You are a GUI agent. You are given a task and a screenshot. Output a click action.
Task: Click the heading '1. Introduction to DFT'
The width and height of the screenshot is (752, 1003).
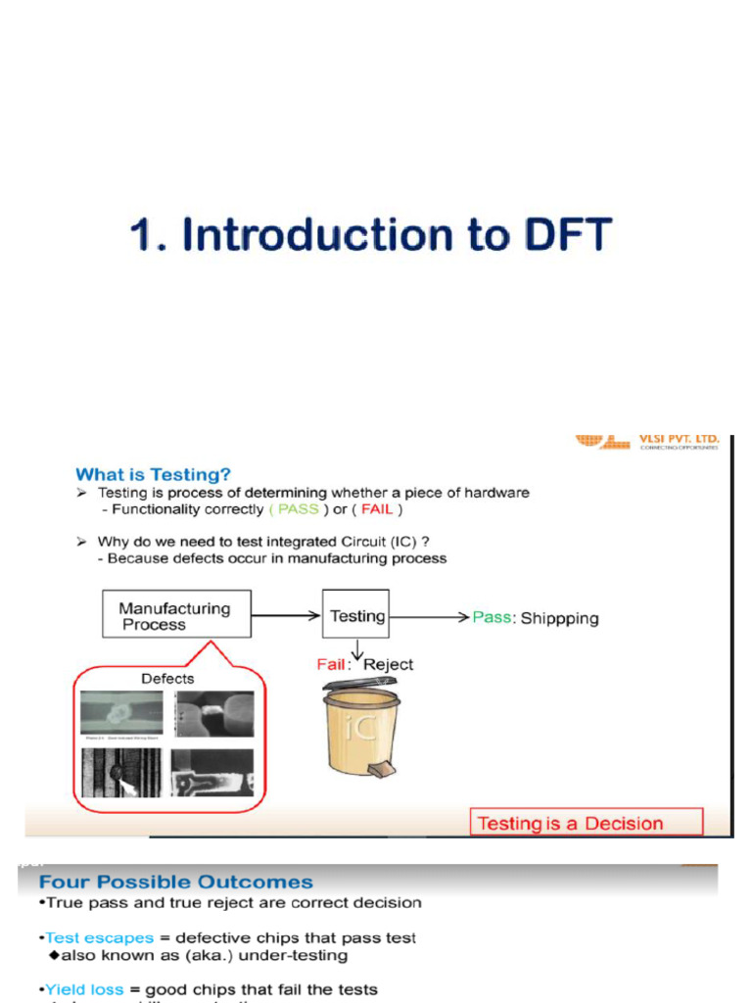[x=370, y=237]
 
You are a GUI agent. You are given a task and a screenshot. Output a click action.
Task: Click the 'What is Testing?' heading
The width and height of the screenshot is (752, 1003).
[x=154, y=474]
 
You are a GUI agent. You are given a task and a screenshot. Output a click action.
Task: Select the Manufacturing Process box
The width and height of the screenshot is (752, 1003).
[x=176, y=615]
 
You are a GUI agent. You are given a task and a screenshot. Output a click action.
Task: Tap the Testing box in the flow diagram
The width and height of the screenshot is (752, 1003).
[x=356, y=615]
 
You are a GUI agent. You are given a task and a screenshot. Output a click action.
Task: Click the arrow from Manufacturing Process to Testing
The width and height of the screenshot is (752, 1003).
[x=286, y=615]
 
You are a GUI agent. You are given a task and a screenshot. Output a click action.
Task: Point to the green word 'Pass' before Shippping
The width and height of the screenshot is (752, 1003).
[x=492, y=617]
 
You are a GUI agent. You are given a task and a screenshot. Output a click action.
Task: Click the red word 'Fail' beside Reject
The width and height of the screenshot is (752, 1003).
[x=331, y=664]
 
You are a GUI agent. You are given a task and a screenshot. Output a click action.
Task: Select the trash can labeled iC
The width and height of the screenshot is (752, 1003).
[x=361, y=730]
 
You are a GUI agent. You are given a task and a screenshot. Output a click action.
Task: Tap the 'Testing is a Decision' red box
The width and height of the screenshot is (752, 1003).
[x=587, y=823]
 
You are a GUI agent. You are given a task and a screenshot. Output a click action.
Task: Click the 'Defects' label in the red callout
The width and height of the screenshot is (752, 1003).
[x=167, y=678]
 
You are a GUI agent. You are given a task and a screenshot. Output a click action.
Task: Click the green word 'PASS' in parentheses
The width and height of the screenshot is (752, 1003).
[x=298, y=509]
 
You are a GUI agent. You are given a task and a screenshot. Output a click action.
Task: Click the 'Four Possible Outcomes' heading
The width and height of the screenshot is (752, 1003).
[x=176, y=882]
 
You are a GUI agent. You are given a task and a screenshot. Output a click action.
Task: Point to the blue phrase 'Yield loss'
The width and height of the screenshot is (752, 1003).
[x=84, y=989]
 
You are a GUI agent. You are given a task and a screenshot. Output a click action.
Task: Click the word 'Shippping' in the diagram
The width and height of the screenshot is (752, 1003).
[x=559, y=618]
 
